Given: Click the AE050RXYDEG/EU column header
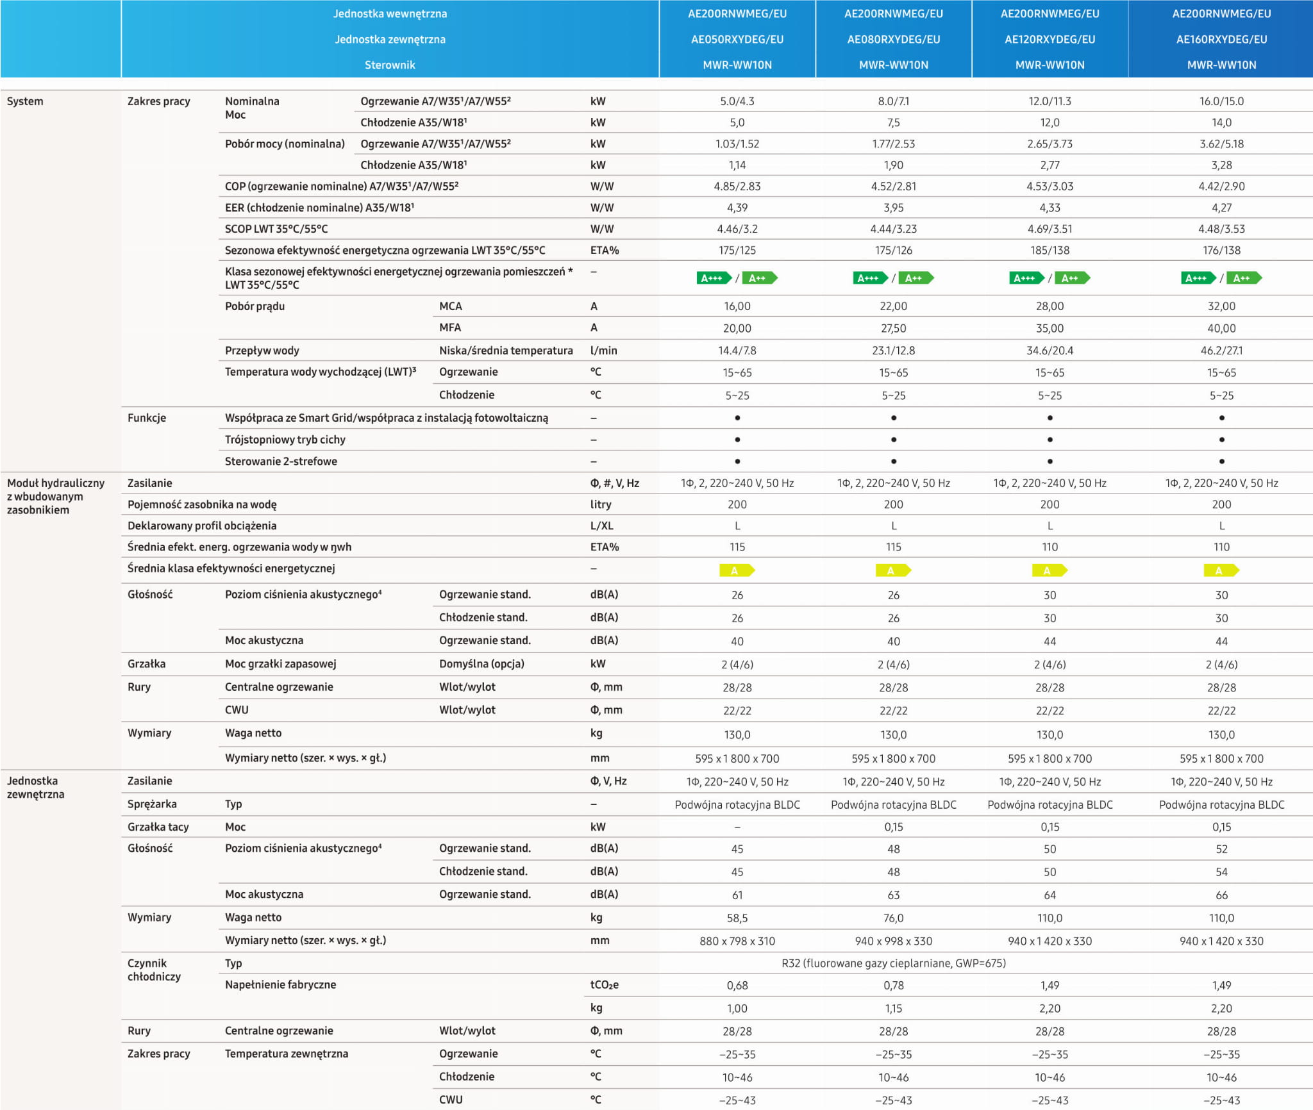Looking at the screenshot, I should point(737,39).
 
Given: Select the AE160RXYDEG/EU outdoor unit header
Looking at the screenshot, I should point(1221,39).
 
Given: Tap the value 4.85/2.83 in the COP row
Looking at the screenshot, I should point(737,186).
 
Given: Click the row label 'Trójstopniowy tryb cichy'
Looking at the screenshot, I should point(285,440).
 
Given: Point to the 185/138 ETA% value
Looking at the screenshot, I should point(1050,251).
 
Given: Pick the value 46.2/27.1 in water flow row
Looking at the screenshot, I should point(1221,351).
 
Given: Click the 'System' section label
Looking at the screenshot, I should point(25,101).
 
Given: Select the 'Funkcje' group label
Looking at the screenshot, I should point(147,418).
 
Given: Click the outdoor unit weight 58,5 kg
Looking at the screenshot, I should point(737,918).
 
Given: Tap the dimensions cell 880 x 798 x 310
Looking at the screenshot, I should point(737,941).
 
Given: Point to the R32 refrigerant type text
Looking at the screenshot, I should point(893,963).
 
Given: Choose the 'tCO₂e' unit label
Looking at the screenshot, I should point(604,985).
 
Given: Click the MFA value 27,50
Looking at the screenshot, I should point(893,328).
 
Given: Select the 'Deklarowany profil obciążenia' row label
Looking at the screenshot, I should point(202,526).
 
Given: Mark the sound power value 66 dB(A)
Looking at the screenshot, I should point(1221,895).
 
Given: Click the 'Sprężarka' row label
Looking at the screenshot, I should point(152,804).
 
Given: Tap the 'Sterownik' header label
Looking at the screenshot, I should point(390,65).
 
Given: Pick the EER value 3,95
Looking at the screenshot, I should point(893,208).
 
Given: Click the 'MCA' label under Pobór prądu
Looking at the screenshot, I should point(450,306).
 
